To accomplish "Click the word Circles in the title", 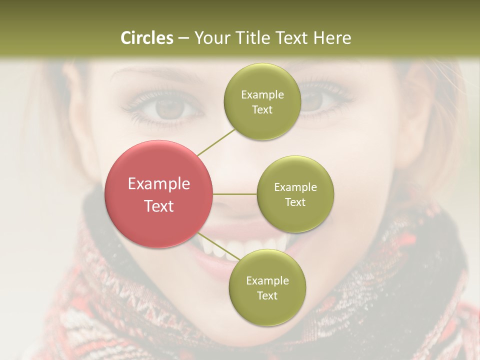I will pos(147,38).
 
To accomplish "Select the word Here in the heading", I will pos(332,38).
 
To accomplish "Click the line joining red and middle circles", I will pos(235,194).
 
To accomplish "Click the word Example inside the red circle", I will pos(159,184).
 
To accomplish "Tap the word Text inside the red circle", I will pos(159,206).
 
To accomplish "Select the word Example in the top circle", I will pos(262,94).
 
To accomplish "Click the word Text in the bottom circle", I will pos(267,295).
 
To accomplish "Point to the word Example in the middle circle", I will pos(295,187).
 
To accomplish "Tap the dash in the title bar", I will pos(183,38).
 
